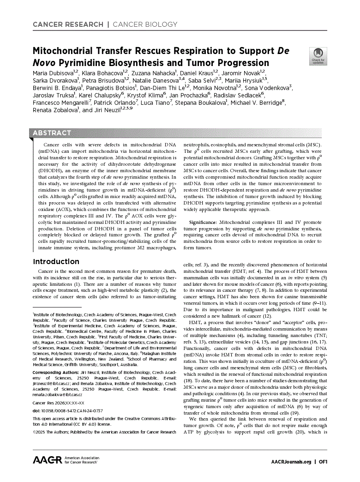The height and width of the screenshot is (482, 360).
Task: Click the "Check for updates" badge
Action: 318,55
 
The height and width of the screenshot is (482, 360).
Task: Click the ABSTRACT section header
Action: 52,133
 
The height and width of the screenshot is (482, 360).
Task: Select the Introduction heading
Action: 56,261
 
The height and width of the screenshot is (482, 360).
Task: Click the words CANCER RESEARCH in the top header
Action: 68,24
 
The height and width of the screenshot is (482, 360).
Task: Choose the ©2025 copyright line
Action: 104,432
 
